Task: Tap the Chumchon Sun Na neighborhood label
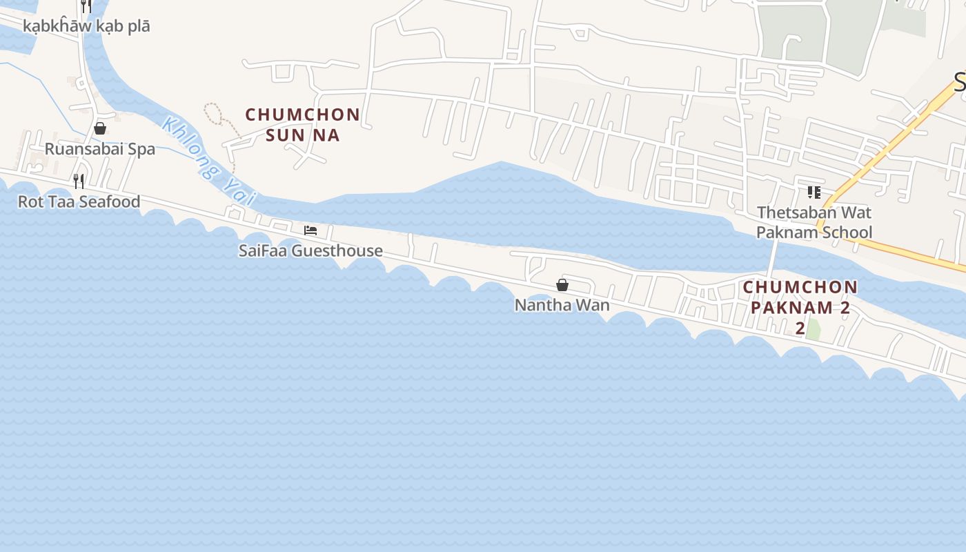303,124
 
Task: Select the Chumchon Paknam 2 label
800,297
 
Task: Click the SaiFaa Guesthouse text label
310,250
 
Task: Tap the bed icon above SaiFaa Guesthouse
310,230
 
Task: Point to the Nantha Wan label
562,304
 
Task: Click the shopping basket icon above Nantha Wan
562,284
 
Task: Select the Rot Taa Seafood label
79,201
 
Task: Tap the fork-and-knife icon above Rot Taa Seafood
79,181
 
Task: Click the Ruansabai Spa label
100,149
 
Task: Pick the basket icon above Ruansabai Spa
100,128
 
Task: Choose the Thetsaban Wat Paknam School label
814,222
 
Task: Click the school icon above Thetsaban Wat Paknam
814,192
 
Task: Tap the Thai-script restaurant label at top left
86,26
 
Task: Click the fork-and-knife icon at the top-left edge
86,6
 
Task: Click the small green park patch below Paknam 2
814,329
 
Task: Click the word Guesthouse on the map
337,250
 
